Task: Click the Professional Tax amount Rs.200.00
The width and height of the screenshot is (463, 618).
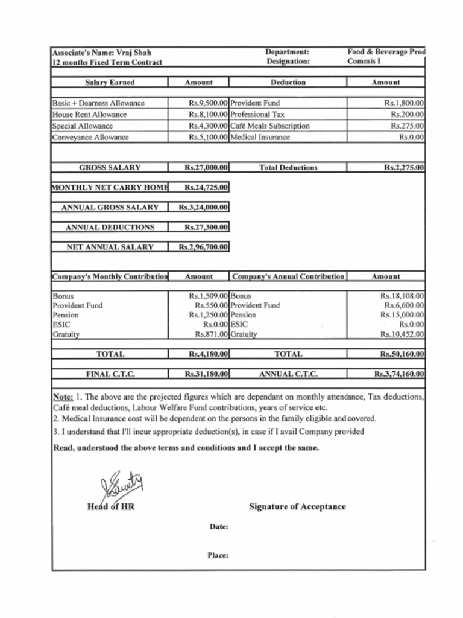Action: tap(407, 114)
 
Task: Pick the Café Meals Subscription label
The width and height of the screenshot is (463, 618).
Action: tap(270, 126)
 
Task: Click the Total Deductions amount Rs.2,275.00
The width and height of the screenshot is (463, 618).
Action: tap(404, 167)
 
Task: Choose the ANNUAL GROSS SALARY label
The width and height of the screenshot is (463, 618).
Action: tap(110, 207)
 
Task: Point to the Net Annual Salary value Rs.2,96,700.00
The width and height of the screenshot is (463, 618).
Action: tap(204, 247)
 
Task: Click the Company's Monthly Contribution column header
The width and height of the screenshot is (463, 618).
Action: tap(110, 276)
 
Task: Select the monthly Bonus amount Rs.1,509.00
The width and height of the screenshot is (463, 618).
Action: tap(208, 296)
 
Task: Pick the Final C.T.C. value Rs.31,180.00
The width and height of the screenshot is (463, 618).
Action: tap(206, 374)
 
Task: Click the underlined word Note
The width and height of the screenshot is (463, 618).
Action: tap(63, 397)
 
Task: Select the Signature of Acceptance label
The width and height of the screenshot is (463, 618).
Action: tap(297, 507)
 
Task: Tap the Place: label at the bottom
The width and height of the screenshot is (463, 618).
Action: tap(218, 556)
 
